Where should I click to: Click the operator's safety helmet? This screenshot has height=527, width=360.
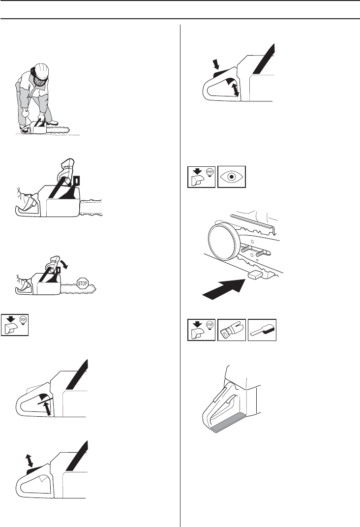click(x=42, y=70)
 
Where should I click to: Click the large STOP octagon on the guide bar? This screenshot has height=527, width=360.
click(x=83, y=283)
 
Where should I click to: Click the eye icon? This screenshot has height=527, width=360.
click(x=232, y=177)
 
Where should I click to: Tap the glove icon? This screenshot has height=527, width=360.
click(x=232, y=330)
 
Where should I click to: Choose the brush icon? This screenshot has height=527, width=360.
click(x=262, y=330)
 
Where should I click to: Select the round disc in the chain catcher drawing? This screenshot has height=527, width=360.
click(x=224, y=242)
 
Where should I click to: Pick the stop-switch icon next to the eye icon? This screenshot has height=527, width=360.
click(x=202, y=177)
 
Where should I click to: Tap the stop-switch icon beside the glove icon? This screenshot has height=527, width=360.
click(x=202, y=330)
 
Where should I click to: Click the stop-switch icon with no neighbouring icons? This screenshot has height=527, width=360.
click(x=15, y=325)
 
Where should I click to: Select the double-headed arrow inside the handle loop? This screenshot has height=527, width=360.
click(x=236, y=90)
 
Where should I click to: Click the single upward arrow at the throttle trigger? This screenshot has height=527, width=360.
click(x=48, y=408)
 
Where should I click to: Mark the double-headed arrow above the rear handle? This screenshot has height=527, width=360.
click(x=30, y=460)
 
